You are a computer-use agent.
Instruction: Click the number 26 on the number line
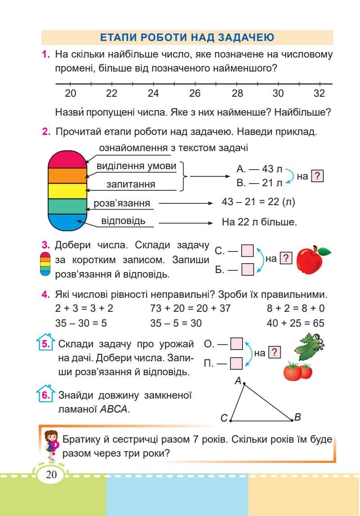(195, 94)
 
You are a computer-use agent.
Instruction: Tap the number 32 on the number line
(319, 94)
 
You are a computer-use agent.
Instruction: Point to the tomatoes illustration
(298, 371)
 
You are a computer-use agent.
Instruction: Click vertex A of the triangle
(244, 384)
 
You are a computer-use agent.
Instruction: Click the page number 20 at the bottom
(50, 476)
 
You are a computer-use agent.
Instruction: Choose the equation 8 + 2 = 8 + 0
(296, 310)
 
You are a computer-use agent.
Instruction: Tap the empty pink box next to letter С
(248, 250)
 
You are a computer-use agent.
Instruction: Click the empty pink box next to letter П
(237, 363)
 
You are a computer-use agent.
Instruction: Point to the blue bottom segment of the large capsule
(67, 223)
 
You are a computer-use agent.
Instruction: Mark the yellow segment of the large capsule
(67, 191)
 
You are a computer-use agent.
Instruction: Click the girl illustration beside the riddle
(51, 444)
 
